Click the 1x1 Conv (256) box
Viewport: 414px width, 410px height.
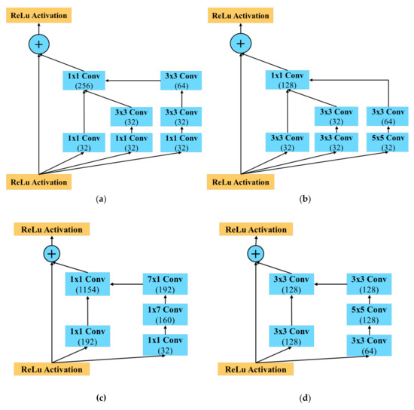pyautogui.click(x=84, y=81)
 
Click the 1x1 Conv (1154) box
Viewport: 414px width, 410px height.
pyautogui.click(x=87, y=284)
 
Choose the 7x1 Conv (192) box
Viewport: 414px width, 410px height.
pyautogui.click(x=165, y=284)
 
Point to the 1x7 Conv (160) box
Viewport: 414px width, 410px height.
pyautogui.click(x=165, y=312)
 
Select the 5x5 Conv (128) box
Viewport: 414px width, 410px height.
pyautogui.click(x=370, y=312)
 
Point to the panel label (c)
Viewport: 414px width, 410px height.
pyautogui.click(x=101, y=399)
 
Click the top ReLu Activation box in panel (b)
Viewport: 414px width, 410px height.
pyautogui.click(x=242, y=15)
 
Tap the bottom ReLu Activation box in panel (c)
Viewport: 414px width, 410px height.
pyautogui.click(x=52, y=369)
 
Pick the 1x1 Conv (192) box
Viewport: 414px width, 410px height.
pyautogui.click(x=87, y=335)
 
